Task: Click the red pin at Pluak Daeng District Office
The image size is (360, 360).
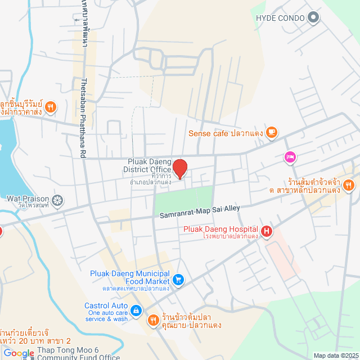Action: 179,169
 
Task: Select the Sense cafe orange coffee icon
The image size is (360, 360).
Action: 272,133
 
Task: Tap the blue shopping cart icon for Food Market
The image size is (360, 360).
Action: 178,278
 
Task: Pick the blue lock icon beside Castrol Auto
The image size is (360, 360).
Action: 136,310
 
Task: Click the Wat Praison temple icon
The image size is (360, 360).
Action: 57,200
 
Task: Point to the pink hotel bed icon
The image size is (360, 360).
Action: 290,157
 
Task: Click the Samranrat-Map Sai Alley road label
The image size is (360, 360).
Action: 197,212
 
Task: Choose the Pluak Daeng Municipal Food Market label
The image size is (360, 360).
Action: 130,277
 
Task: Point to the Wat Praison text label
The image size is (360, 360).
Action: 28,199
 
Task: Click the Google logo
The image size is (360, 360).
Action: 19,353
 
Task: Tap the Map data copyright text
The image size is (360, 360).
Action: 335,355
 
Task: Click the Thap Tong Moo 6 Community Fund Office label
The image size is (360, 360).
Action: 78,353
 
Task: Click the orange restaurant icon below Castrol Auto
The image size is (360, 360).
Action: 153,320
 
